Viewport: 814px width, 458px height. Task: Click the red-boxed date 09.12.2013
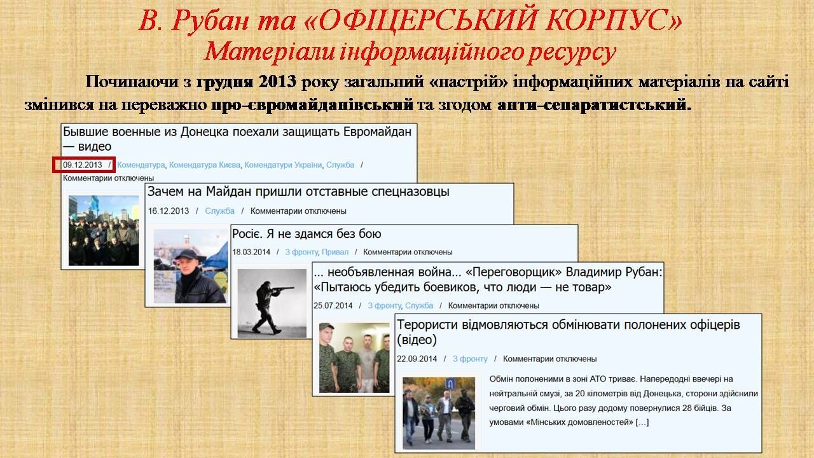pyautogui.click(x=83, y=165)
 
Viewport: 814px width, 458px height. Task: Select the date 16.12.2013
pyautogui.click(x=169, y=211)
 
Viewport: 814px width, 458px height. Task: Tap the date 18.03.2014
pyautogui.click(x=251, y=252)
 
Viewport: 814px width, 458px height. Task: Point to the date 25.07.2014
pyautogui.click(x=333, y=306)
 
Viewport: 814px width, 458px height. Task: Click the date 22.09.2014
pyautogui.click(x=417, y=359)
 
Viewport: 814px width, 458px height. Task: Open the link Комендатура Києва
pyautogui.click(x=205, y=165)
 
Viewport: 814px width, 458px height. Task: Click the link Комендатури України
pyautogui.click(x=283, y=165)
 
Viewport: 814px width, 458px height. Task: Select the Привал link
pyautogui.click(x=335, y=252)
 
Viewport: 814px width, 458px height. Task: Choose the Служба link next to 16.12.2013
pyautogui.click(x=220, y=211)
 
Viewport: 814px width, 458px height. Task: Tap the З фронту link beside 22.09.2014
pyautogui.click(x=470, y=359)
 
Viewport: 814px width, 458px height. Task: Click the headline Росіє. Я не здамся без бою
pyautogui.click(x=307, y=233)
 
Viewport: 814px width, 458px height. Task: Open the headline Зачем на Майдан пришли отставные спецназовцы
pyautogui.click(x=298, y=191)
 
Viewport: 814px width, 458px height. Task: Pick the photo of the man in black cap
pyautogui.click(x=190, y=266)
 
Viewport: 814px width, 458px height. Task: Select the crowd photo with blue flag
pyautogui.click(x=104, y=230)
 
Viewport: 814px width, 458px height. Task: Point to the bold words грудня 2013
pyautogui.click(x=246, y=82)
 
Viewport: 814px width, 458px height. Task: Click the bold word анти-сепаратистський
pyautogui.click(x=594, y=105)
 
